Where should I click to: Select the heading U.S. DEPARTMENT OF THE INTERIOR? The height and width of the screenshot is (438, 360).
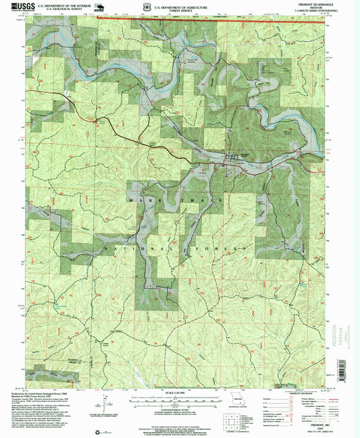coord(66,5)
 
